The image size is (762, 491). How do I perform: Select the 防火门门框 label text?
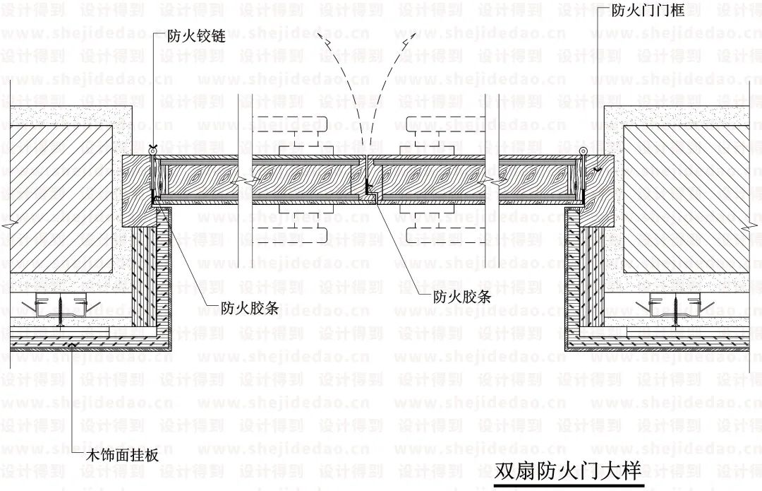[x=656, y=10]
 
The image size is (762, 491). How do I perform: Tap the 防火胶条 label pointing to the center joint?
[x=461, y=297]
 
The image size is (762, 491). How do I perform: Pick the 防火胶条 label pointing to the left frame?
[x=248, y=307]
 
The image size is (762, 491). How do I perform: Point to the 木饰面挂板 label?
[x=121, y=456]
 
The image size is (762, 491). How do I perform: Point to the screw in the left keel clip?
[x=63, y=309]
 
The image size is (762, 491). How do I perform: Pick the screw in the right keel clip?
[x=675, y=309]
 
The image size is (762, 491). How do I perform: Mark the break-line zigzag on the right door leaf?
[x=492, y=181]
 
